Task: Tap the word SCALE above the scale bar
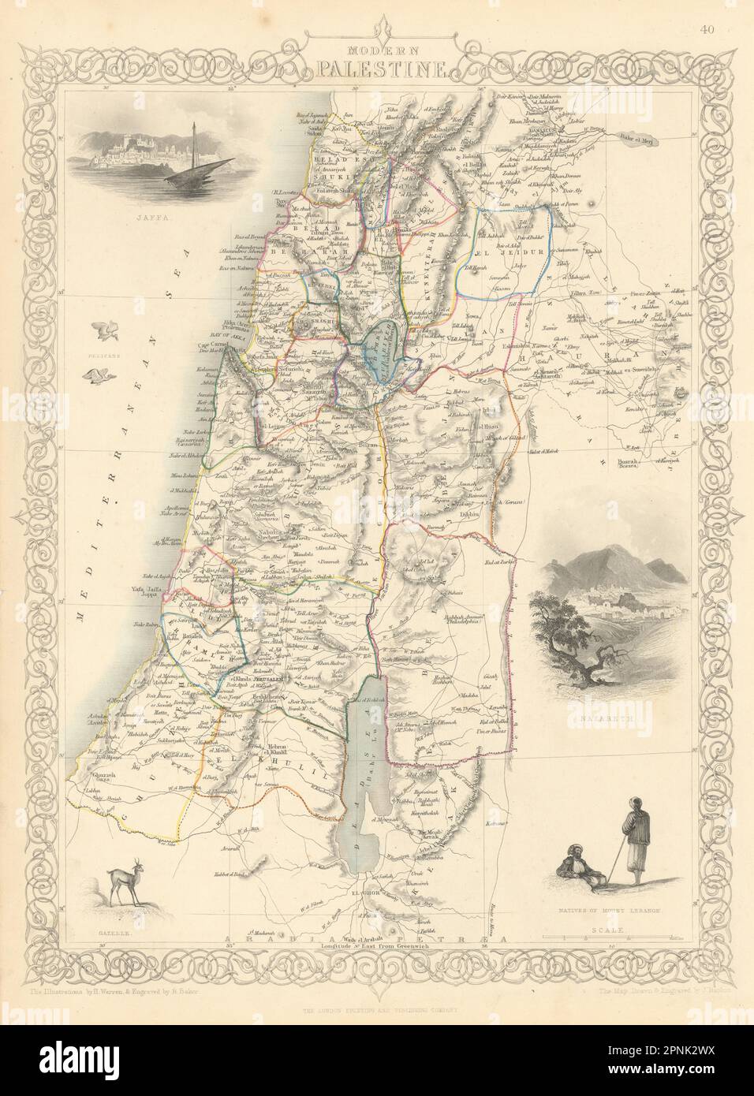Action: coord(609,930)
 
